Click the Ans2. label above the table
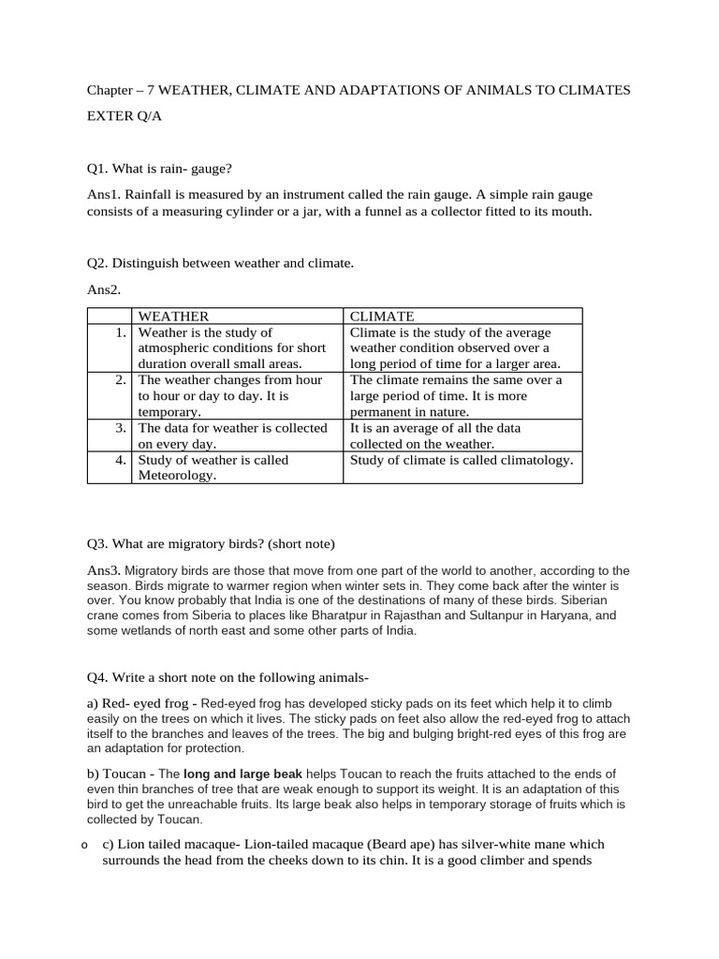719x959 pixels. tap(104, 291)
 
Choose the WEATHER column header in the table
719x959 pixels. tap(173, 317)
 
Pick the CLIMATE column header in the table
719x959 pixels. tap(382, 317)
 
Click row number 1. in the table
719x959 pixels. tap(121, 332)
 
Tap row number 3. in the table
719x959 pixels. tap(121, 428)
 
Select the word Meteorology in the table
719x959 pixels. tap(177, 476)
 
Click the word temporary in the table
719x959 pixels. tap(168, 412)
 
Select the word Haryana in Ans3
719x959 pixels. tap(590, 615)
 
